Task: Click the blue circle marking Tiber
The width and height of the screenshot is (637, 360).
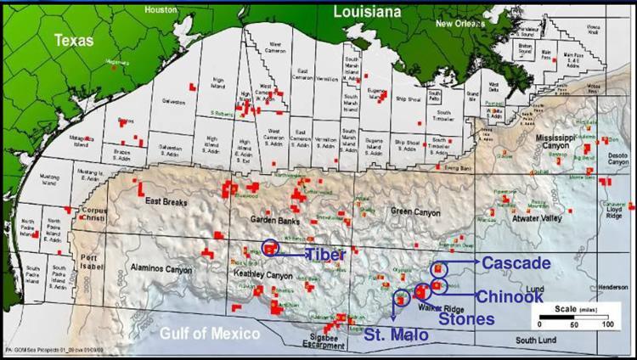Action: (x=270, y=248)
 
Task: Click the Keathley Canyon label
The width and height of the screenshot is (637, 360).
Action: (x=260, y=276)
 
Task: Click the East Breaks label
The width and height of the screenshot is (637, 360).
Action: (x=165, y=200)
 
